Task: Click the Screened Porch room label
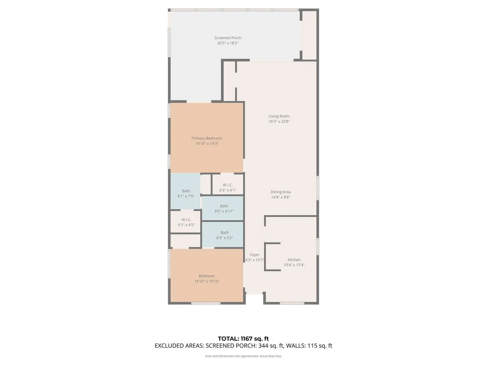(x=228, y=38)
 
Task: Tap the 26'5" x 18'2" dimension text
(x=228, y=43)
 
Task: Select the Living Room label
(x=279, y=116)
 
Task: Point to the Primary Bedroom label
(x=207, y=138)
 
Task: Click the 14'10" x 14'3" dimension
(x=207, y=144)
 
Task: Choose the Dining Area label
(x=280, y=192)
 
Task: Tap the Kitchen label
(x=294, y=260)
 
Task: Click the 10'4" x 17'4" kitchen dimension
(x=294, y=265)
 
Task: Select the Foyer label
(x=254, y=255)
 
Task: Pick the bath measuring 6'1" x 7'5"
(x=186, y=191)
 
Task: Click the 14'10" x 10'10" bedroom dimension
(x=207, y=281)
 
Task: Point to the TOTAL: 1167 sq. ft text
(x=243, y=339)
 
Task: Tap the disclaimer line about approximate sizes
(x=243, y=356)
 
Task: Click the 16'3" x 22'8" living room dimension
(x=279, y=121)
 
